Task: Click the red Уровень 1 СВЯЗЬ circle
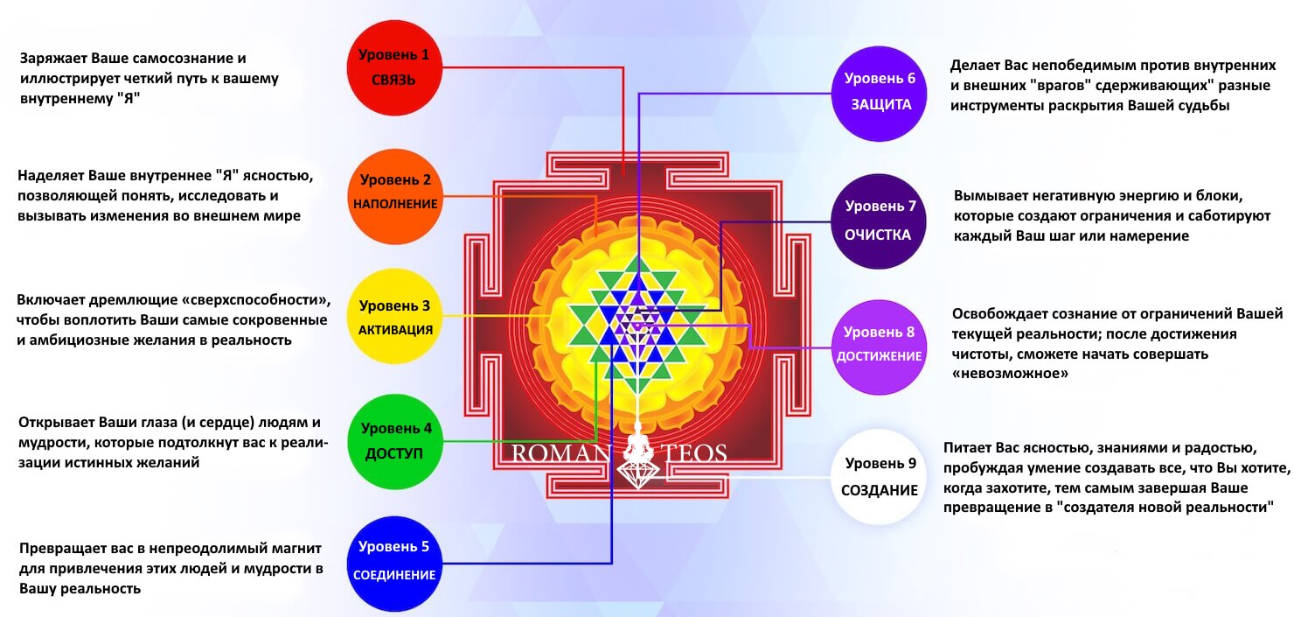coord(394,67)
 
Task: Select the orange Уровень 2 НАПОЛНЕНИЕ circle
coord(395,197)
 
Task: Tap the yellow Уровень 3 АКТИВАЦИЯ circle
coord(395,316)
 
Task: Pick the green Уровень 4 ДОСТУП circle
coord(395,442)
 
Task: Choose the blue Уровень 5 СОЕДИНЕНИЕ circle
coord(394,564)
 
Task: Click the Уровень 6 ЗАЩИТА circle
coord(879,94)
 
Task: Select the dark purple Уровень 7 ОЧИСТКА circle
coord(879,221)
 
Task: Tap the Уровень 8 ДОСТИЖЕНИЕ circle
coord(879,347)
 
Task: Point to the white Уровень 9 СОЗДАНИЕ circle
coord(879,477)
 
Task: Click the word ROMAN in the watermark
coord(561,453)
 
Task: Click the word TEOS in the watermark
coord(693,453)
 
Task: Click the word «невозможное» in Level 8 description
coord(1010,374)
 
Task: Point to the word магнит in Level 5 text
coord(296,548)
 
